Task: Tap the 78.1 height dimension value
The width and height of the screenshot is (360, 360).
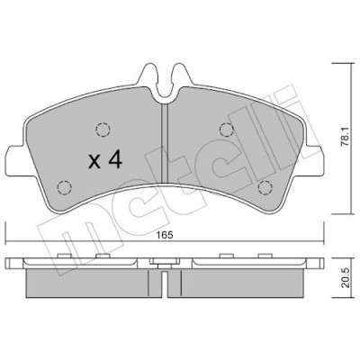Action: pos(346,139)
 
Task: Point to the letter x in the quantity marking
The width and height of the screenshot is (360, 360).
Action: pos(94,162)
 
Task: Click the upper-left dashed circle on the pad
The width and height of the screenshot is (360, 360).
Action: pos(103,130)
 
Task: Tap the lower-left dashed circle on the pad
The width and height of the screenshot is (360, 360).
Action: pos(65,188)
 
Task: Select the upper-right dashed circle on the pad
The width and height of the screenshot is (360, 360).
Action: pos(227,130)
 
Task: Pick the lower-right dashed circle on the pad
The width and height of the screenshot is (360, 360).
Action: pos(265,188)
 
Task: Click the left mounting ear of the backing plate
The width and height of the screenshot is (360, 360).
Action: pos(15,160)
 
